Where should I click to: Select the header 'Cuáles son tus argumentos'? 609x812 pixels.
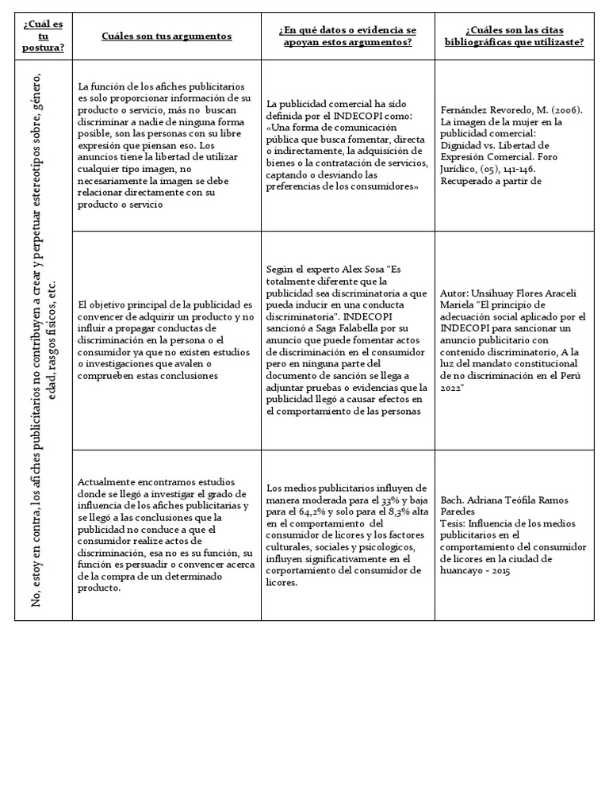167,36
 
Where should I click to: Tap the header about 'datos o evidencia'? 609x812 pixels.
348,36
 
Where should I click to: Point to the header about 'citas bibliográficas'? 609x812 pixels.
514,36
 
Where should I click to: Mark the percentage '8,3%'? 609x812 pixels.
400,512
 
